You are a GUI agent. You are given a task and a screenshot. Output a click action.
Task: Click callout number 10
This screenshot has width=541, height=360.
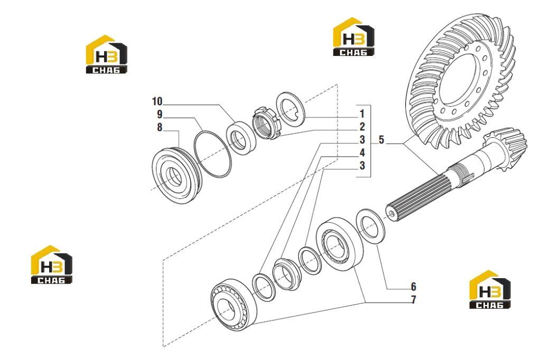[157, 101]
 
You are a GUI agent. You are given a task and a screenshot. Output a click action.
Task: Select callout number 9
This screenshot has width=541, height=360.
[160, 114]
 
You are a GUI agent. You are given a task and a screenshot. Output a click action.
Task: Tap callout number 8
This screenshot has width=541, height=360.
[160, 127]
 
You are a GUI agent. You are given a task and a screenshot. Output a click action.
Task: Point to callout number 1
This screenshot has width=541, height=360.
[362, 113]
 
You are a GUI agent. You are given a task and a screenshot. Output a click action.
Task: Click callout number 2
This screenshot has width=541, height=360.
[362, 127]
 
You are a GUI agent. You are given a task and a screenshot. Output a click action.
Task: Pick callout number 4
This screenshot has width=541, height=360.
[362, 153]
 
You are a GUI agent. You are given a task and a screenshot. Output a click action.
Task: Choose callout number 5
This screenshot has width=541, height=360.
[381, 140]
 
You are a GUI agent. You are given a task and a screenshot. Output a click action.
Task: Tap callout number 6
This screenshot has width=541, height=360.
[413, 287]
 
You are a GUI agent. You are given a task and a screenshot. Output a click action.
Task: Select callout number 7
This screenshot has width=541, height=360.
[413, 300]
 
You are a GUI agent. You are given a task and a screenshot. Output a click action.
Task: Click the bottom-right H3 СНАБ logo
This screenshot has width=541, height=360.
[490, 289]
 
